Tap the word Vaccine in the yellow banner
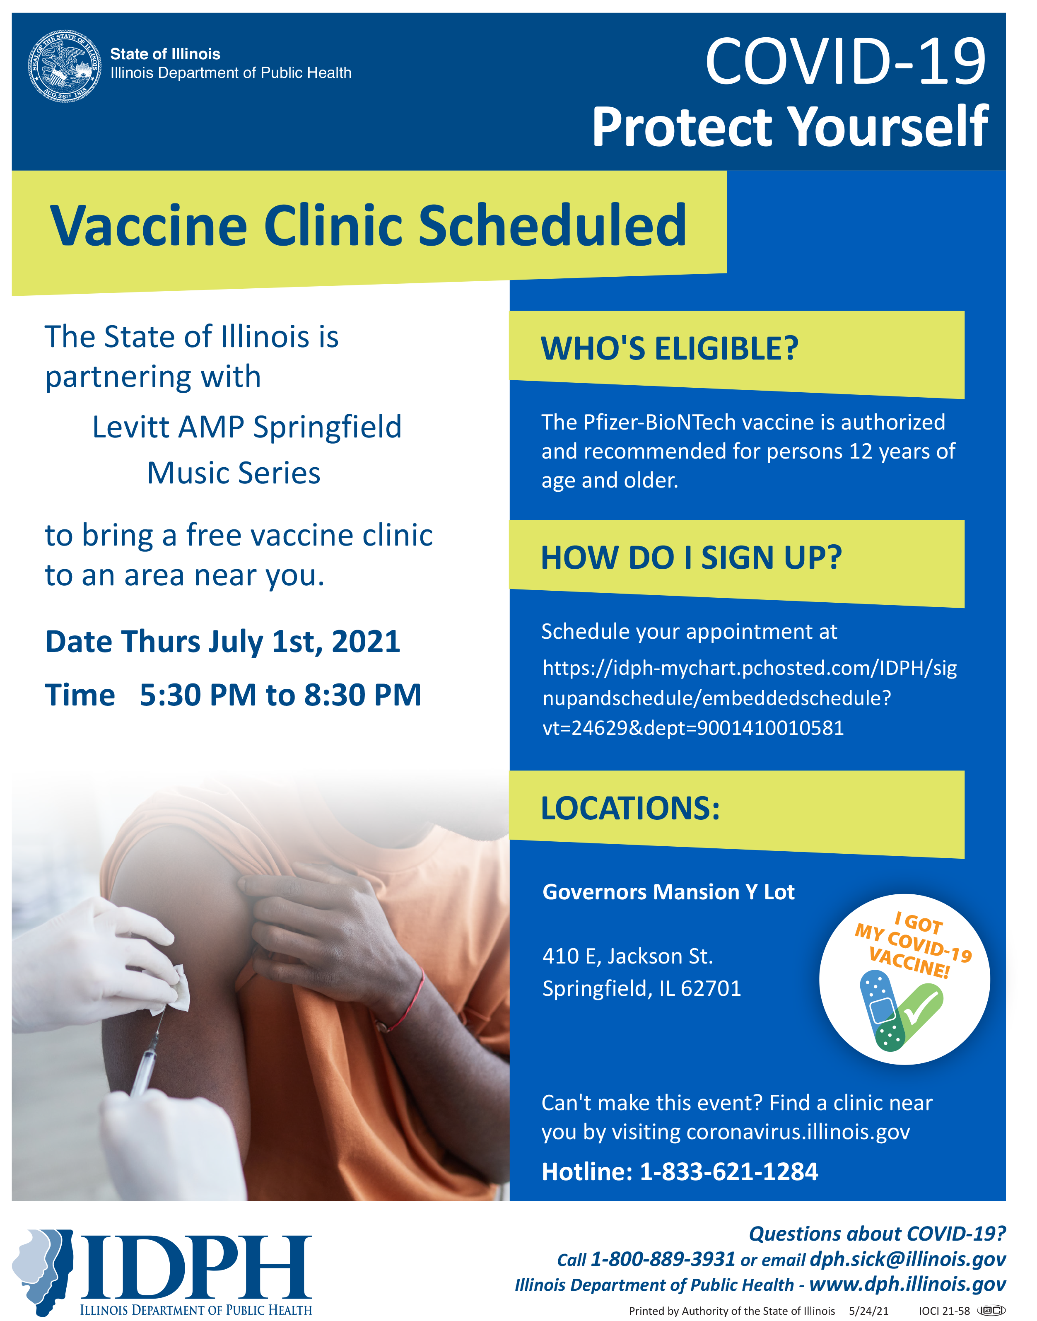tap(149, 225)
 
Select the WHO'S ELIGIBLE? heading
tap(669, 349)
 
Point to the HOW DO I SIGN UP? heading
tap(691, 558)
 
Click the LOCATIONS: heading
tap(630, 809)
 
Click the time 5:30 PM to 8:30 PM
tap(280, 695)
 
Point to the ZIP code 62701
tap(711, 989)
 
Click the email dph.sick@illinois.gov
tap(908, 1259)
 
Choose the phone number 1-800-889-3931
tap(663, 1259)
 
